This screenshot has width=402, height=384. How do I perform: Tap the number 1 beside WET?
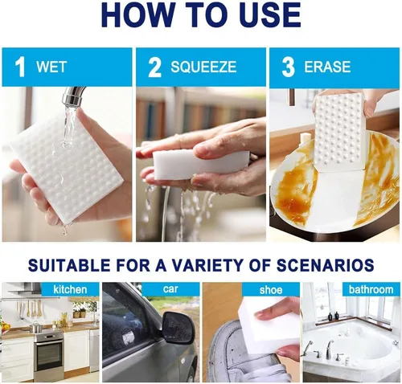(x=20, y=67)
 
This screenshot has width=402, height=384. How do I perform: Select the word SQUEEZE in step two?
(x=203, y=67)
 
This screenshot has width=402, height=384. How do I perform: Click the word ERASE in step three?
(x=327, y=67)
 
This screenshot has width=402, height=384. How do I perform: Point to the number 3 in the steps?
(x=288, y=67)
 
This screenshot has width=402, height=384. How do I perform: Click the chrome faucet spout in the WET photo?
(x=72, y=97)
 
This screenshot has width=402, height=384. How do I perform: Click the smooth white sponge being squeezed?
(x=199, y=164)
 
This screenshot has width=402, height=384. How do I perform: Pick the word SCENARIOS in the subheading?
(x=325, y=265)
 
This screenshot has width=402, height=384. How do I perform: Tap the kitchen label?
(x=70, y=289)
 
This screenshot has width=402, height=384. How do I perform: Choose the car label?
(x=170, y=289)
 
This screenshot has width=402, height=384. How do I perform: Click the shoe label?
(x=271, y=290)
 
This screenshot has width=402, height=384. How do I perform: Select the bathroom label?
(x=371, y=289)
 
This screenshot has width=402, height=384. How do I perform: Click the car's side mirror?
(x=177, y=328)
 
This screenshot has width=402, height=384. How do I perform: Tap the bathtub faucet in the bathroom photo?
(x=330, y=349)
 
